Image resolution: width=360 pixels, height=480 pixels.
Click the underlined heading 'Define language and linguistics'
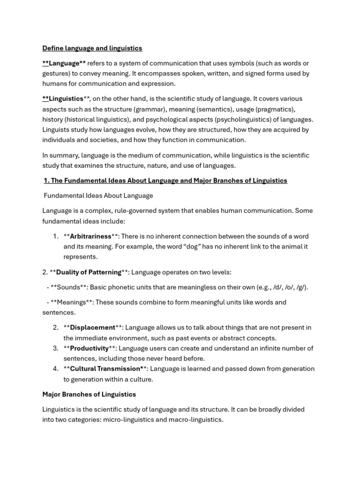(92, 48)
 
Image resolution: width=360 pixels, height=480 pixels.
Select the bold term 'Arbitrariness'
(90, 236)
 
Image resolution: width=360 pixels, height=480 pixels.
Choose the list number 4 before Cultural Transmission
(55, 369)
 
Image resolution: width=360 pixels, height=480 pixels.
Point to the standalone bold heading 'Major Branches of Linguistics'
(89, 394)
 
